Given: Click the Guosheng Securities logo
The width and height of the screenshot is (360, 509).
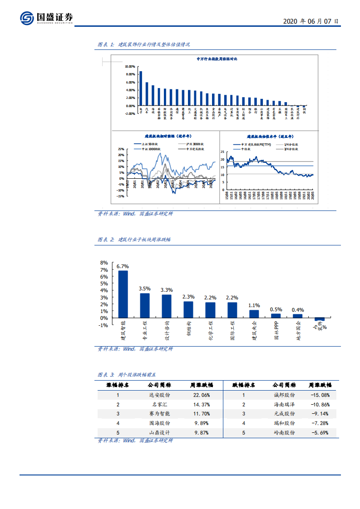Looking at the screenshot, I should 46,18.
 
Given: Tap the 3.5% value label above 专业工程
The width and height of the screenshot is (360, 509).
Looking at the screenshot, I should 144,289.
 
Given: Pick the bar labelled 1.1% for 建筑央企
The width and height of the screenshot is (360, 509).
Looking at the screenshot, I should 254,314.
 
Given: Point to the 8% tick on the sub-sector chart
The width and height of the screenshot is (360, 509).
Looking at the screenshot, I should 104,263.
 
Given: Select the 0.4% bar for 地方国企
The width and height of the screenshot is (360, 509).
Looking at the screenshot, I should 297,316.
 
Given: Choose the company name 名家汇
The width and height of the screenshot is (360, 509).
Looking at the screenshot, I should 159,404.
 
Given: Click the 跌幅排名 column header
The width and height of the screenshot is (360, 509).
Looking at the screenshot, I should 244,385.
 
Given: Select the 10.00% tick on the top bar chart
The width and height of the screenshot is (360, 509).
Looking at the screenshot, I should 130,66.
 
